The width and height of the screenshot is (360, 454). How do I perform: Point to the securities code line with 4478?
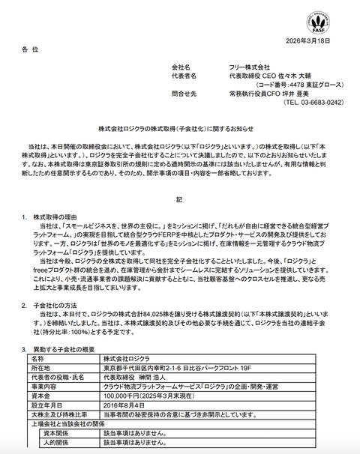[x=286, y=85]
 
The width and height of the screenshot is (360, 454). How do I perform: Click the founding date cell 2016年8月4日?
[x=124, y=405]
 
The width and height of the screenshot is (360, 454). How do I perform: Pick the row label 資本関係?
[x=57, y=432]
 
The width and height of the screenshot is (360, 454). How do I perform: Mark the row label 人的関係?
[x=57, y=442]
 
